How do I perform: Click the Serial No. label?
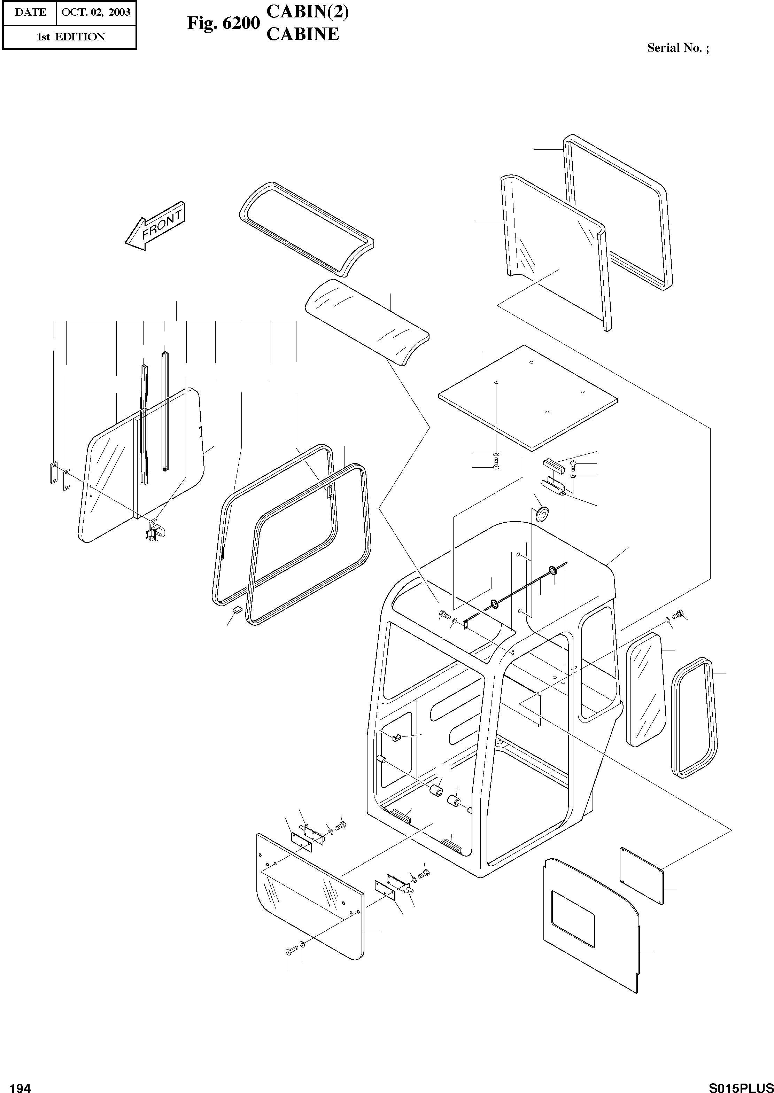pos(677,48)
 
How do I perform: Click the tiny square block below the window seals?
pos(237,609)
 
